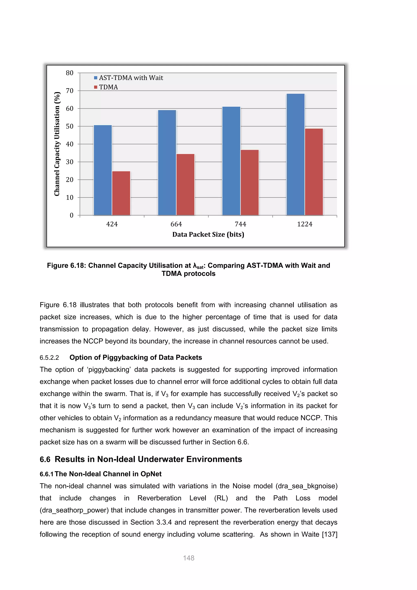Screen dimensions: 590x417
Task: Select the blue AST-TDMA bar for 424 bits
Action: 103,170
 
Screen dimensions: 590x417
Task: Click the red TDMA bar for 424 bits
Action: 121,193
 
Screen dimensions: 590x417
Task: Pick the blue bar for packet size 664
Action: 167,162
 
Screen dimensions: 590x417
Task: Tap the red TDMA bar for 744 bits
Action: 250,183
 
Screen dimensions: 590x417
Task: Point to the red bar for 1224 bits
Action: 314,172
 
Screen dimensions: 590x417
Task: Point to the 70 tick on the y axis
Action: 70,91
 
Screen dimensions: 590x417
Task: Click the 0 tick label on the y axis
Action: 72,215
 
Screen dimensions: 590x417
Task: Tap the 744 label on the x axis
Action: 240,224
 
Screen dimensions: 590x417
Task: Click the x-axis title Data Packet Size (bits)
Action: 208,234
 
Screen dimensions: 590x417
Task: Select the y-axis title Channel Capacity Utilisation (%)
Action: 57,144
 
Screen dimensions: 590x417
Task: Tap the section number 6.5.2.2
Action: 49,358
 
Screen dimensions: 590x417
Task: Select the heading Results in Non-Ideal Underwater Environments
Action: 148,459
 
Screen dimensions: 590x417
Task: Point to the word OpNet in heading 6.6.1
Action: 151,474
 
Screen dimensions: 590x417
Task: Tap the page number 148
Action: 189,558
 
